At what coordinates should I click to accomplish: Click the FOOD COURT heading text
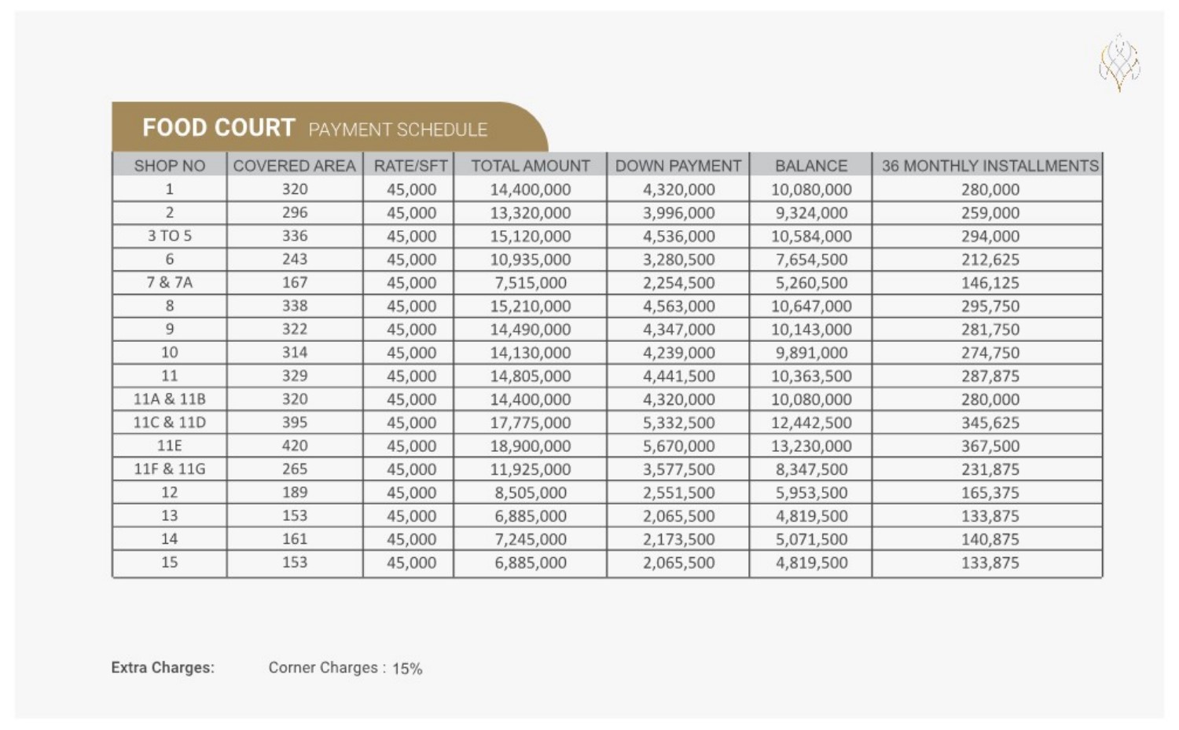219,127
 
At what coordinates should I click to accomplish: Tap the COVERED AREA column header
294,166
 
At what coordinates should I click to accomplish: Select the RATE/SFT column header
410,166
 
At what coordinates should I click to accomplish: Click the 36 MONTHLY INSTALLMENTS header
990,166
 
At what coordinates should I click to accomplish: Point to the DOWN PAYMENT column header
678,166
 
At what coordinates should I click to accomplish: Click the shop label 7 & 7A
169,282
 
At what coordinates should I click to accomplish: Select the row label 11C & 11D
169,422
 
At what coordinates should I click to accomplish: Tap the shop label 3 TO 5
169,236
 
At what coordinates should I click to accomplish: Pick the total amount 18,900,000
531,446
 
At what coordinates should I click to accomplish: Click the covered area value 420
295,446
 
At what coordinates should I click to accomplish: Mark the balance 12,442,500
811,423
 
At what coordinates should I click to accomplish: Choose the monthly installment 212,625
990,259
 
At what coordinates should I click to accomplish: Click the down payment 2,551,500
678,493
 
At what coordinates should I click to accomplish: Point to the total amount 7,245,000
531,539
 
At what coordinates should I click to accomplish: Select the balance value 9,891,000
811,353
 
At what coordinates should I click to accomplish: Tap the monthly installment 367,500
990,446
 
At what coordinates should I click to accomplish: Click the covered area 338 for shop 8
295,306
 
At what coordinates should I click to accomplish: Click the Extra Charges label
163,668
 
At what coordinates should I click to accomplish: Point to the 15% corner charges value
407,669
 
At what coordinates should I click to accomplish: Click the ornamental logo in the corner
1119,63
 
